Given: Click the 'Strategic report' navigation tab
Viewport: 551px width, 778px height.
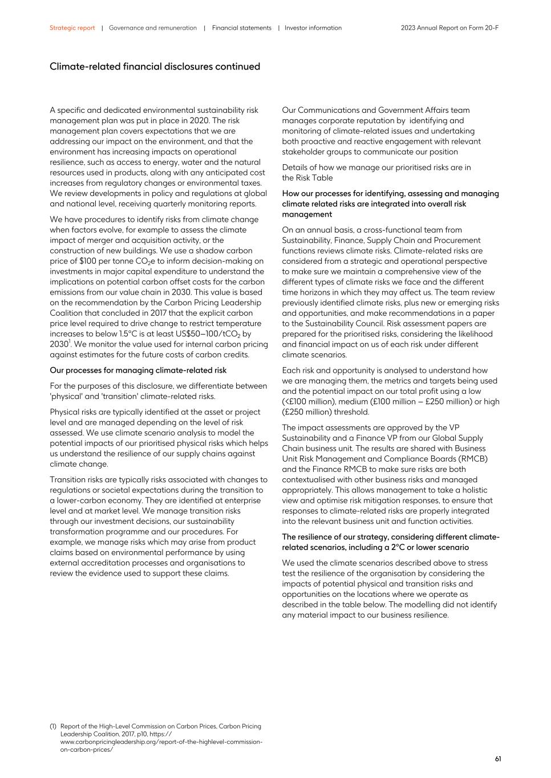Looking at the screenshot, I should pos(72,28).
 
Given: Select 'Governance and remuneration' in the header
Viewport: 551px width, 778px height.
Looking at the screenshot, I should pos(152,28).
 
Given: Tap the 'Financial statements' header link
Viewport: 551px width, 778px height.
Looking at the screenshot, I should pos(241,28).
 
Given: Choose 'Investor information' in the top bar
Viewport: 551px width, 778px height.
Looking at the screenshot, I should pos(313,28).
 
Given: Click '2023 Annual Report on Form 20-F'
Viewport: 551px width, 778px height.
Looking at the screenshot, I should pos(449,28).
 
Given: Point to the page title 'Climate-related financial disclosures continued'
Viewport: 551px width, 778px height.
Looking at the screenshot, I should pos(155,67).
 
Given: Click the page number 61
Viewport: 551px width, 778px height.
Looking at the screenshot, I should pos(498,759).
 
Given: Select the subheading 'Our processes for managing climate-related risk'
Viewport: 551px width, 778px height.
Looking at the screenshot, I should pos(138,370).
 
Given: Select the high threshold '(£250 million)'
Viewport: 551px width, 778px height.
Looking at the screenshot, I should pos(309,412).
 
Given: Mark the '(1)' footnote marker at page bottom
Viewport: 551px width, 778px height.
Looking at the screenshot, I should pos(53,726).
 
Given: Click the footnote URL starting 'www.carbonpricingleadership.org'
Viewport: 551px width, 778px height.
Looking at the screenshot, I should pos(161,742).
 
